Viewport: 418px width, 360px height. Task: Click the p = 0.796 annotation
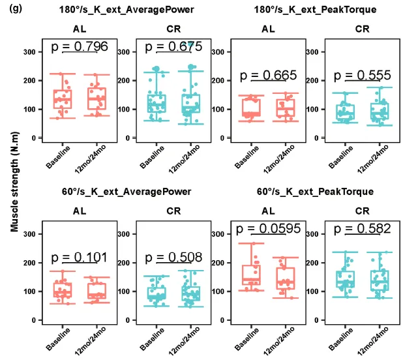pos(80,47)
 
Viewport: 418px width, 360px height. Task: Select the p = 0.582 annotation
pos(361,229)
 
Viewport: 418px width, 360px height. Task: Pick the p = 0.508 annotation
pos(173,257)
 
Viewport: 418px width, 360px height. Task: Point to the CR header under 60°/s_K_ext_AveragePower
pos(173,211)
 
